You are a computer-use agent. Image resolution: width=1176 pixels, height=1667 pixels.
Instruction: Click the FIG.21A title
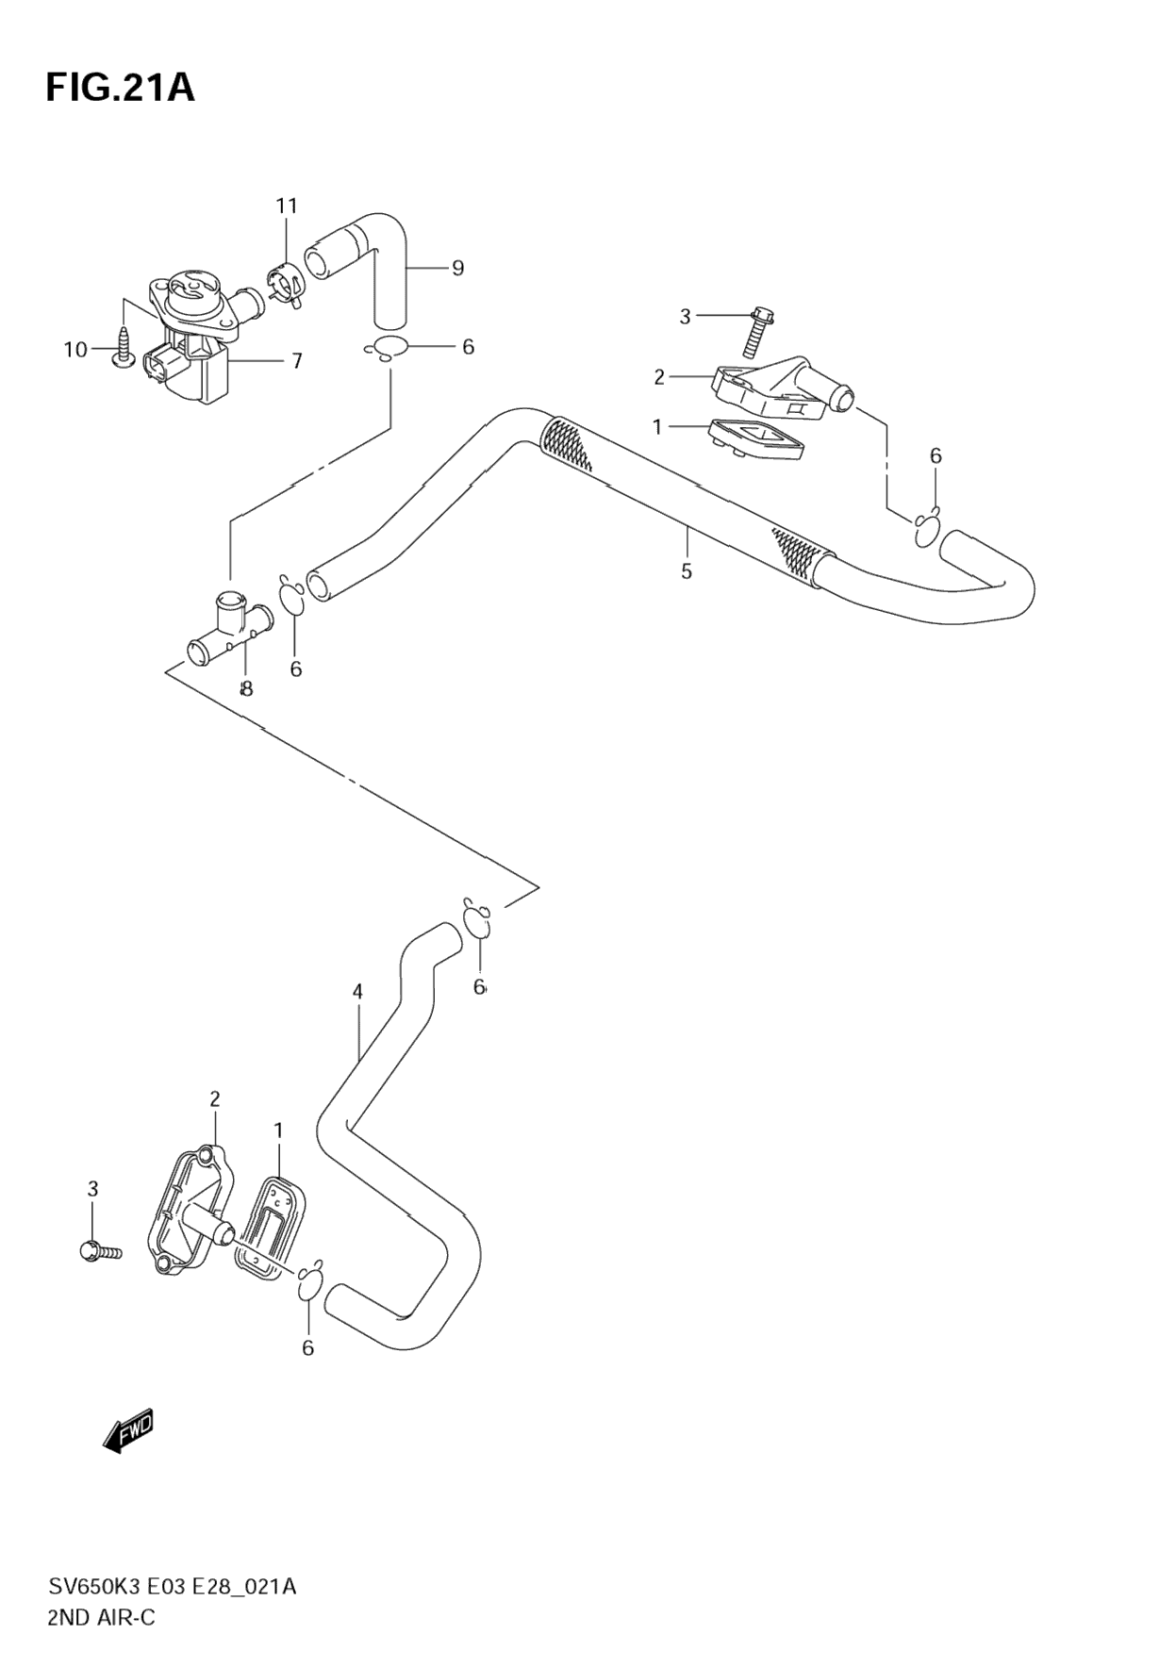click(120, 89)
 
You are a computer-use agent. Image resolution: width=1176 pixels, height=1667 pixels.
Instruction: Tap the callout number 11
click(287, 206)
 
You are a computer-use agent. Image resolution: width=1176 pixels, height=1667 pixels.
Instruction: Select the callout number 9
click(457, 269)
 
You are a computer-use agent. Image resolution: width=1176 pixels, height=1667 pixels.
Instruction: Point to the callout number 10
click(75, 350)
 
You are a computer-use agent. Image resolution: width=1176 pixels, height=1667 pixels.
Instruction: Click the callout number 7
click(296, 361)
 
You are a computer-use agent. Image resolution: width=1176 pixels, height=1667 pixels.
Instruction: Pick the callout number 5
click(687, 570)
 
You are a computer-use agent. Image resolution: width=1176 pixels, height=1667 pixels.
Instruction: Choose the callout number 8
click(246, 689)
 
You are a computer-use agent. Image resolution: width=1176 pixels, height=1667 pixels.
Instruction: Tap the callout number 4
click(357, 992)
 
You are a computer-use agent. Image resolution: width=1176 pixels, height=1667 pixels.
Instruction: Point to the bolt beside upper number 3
click(756, 332)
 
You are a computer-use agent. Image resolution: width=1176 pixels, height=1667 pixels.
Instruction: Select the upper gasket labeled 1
click(754, 439)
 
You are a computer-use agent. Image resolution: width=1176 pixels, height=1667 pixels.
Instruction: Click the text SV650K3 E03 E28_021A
click(173, 1587)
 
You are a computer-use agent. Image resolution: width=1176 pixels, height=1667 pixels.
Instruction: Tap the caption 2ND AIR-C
click(102, 1618)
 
